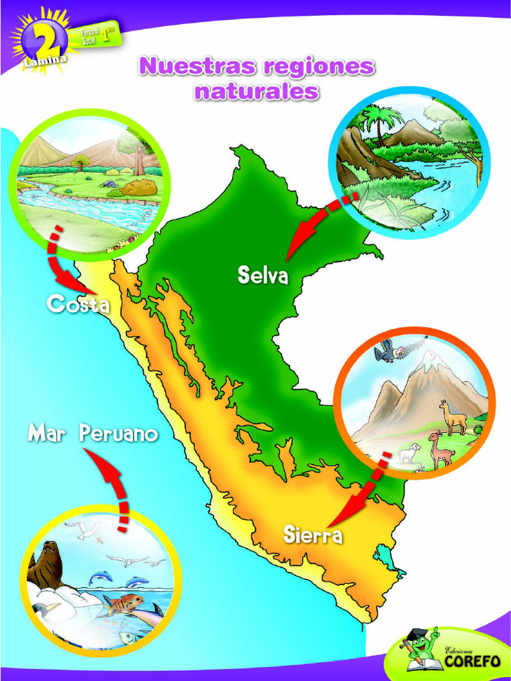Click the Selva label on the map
[x=263, y=275]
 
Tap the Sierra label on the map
[x=312, y=534]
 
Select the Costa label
[x=77, y=305]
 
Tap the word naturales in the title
[x=256, y=91]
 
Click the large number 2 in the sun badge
[x=44, y=38]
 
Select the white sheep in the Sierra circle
[x=409, y=453]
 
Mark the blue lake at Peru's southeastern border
[x=385, y=557]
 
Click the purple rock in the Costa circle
[x=109, y=183]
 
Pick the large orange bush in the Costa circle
[x=140, y=188]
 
